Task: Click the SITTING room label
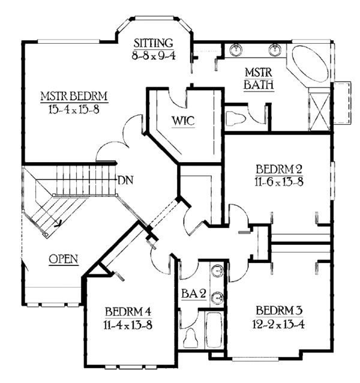(154, 43)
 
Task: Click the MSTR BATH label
(259, 78)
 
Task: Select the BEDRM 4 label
(127, 311)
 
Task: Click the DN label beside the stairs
(125, 179)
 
